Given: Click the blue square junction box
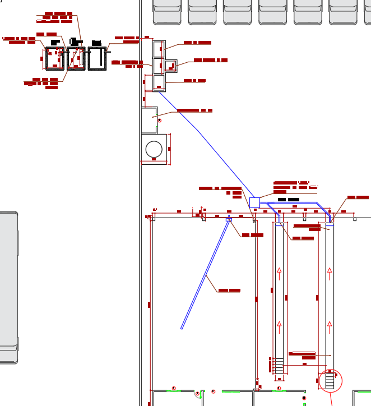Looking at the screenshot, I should pyautogui.click(x=254, y=202).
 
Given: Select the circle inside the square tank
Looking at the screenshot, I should pyautogui.click(x=154, y=149).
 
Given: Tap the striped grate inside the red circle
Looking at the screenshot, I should pyautogui.click(x=330, y=381).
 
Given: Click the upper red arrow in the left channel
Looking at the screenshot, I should pyautogui.click(x=279, y=274).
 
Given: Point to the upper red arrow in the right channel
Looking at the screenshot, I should pyautogui.click(x=330, y=274).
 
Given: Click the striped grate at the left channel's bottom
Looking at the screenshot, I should pyautogui.click(x=279, y=366).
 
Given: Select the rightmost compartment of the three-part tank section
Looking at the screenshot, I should pyautogui.click(x=98, y=58).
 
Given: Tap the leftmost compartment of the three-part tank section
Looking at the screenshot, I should pyautogui.click(x=54, y=58).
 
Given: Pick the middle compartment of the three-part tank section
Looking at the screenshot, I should pyautogui.click(x=76, y=58).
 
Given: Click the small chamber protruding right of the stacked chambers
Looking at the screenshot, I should pyautogui.click(x=170, y=66).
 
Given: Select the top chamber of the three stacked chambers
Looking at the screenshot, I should pyautogui.click(x=159, y=49).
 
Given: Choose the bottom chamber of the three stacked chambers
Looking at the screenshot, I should pyautogui.click(x=159, y=83).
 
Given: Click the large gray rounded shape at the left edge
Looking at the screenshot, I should pyautogui.click(x=8, y=287).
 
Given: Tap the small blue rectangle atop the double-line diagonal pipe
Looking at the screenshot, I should pyautogui.click(x=229, y=219).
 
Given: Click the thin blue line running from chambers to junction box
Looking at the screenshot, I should pyautogui.click(x=199, y=132).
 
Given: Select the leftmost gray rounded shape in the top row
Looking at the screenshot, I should pyautogui.click(x=167, y=12).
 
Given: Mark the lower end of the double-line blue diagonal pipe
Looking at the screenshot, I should pyautogui.click(x=182, y=327).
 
